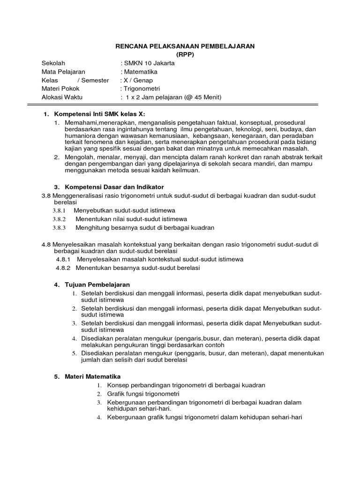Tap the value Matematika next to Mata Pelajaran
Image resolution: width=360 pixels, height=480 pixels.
pyautogui.click(x=140, y=72)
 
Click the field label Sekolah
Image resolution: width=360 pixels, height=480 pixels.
pyautogui.click(x=53, y=63)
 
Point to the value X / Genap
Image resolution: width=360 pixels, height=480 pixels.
pyautogui.click(x=136, y=80)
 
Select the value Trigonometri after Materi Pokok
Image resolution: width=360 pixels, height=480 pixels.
pyautogui.click(x=141, y=89)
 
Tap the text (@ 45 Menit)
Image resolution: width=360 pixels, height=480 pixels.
pyautogui.click(x=201, y=97)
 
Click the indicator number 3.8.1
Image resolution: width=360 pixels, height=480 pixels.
pyautogui.click(x=59, y=210)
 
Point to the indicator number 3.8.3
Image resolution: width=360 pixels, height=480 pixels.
pyautogui.click(x=59, y=227)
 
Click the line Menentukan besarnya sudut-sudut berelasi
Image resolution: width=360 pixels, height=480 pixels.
pyautogui.click(x=138, y=268)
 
